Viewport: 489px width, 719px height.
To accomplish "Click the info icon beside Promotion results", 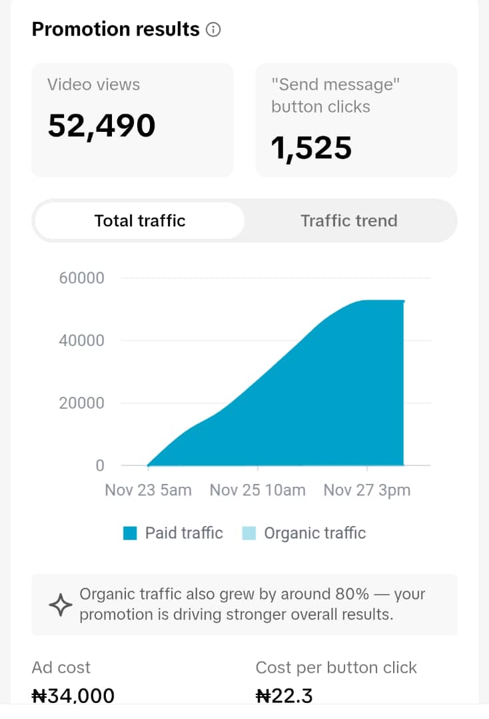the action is pyautogui.click(x=213, y=30).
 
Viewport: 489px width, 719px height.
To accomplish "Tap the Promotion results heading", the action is pyautogui.click(x=116, y=29).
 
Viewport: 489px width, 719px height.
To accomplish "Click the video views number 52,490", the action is pyautogui.click(x=102, y=126).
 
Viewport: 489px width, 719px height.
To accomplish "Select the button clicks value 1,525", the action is pyautogui.click(x=312, y=148).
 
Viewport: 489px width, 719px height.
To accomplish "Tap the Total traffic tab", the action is pyautogui.click(x=140, y=220).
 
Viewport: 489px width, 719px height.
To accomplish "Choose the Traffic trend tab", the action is pyautogui.click(x=349, y=220).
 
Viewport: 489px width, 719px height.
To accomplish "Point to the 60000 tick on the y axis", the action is pyautogui.click(x=82, y=278).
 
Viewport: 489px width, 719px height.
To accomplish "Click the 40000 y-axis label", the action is pyautogui.click(x=82, y=340).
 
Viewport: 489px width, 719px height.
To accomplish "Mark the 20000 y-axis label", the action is pyautogui.click(x=82, y=403).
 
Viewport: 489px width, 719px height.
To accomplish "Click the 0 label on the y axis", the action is pyautogui.click(x=100, y=465).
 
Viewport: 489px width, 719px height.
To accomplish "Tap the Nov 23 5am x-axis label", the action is pyautogui.click(x=148, y=490).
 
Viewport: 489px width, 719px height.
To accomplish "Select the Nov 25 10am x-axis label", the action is pyautogui.click(x=257, y=490).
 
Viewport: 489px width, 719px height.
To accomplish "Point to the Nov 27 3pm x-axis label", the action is pyautogui.click(x=367, y=490).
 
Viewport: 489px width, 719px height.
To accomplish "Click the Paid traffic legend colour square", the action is pyautogui.click(x=131, y=533).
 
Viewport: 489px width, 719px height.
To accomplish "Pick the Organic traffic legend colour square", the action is pyautogui.click(x=248, y=533).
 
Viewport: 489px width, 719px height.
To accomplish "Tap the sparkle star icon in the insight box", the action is pyautogui.click(x=61, y=604).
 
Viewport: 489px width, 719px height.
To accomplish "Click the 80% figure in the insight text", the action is pyautogui.click(x=352, y=595).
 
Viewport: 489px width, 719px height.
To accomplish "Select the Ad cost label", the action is pyautogui.click(x=61, y=668).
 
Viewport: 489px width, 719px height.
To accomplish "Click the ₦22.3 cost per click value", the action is pyautogui.click(x=284, y=696).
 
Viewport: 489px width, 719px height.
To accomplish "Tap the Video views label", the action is pyautogui.click(x=93, y=85).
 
